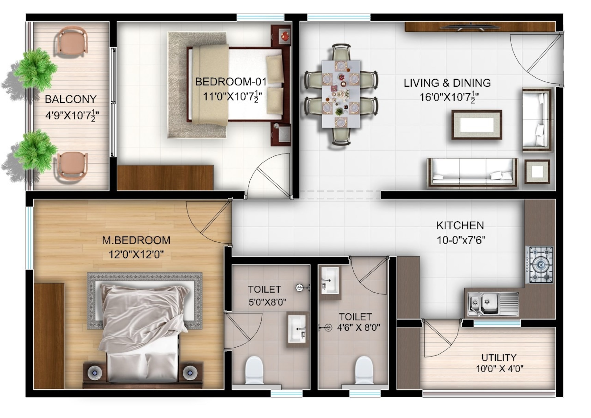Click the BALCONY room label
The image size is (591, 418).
(x=71, y=99)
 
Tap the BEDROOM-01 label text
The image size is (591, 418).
(x=231, y=82)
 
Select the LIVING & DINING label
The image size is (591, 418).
(x=447, y=83)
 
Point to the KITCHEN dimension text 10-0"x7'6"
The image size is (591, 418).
(x=461, y=240)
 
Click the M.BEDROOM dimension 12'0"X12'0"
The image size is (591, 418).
(x=136, y=255)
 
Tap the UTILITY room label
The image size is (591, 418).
(x=499, y=358)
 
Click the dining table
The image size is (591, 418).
(x=341, y=94)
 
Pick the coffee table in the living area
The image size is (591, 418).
(x=477, y=125)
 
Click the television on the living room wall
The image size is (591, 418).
(x=470, y=27)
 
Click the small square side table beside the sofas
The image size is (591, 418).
(x=537, y=172)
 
